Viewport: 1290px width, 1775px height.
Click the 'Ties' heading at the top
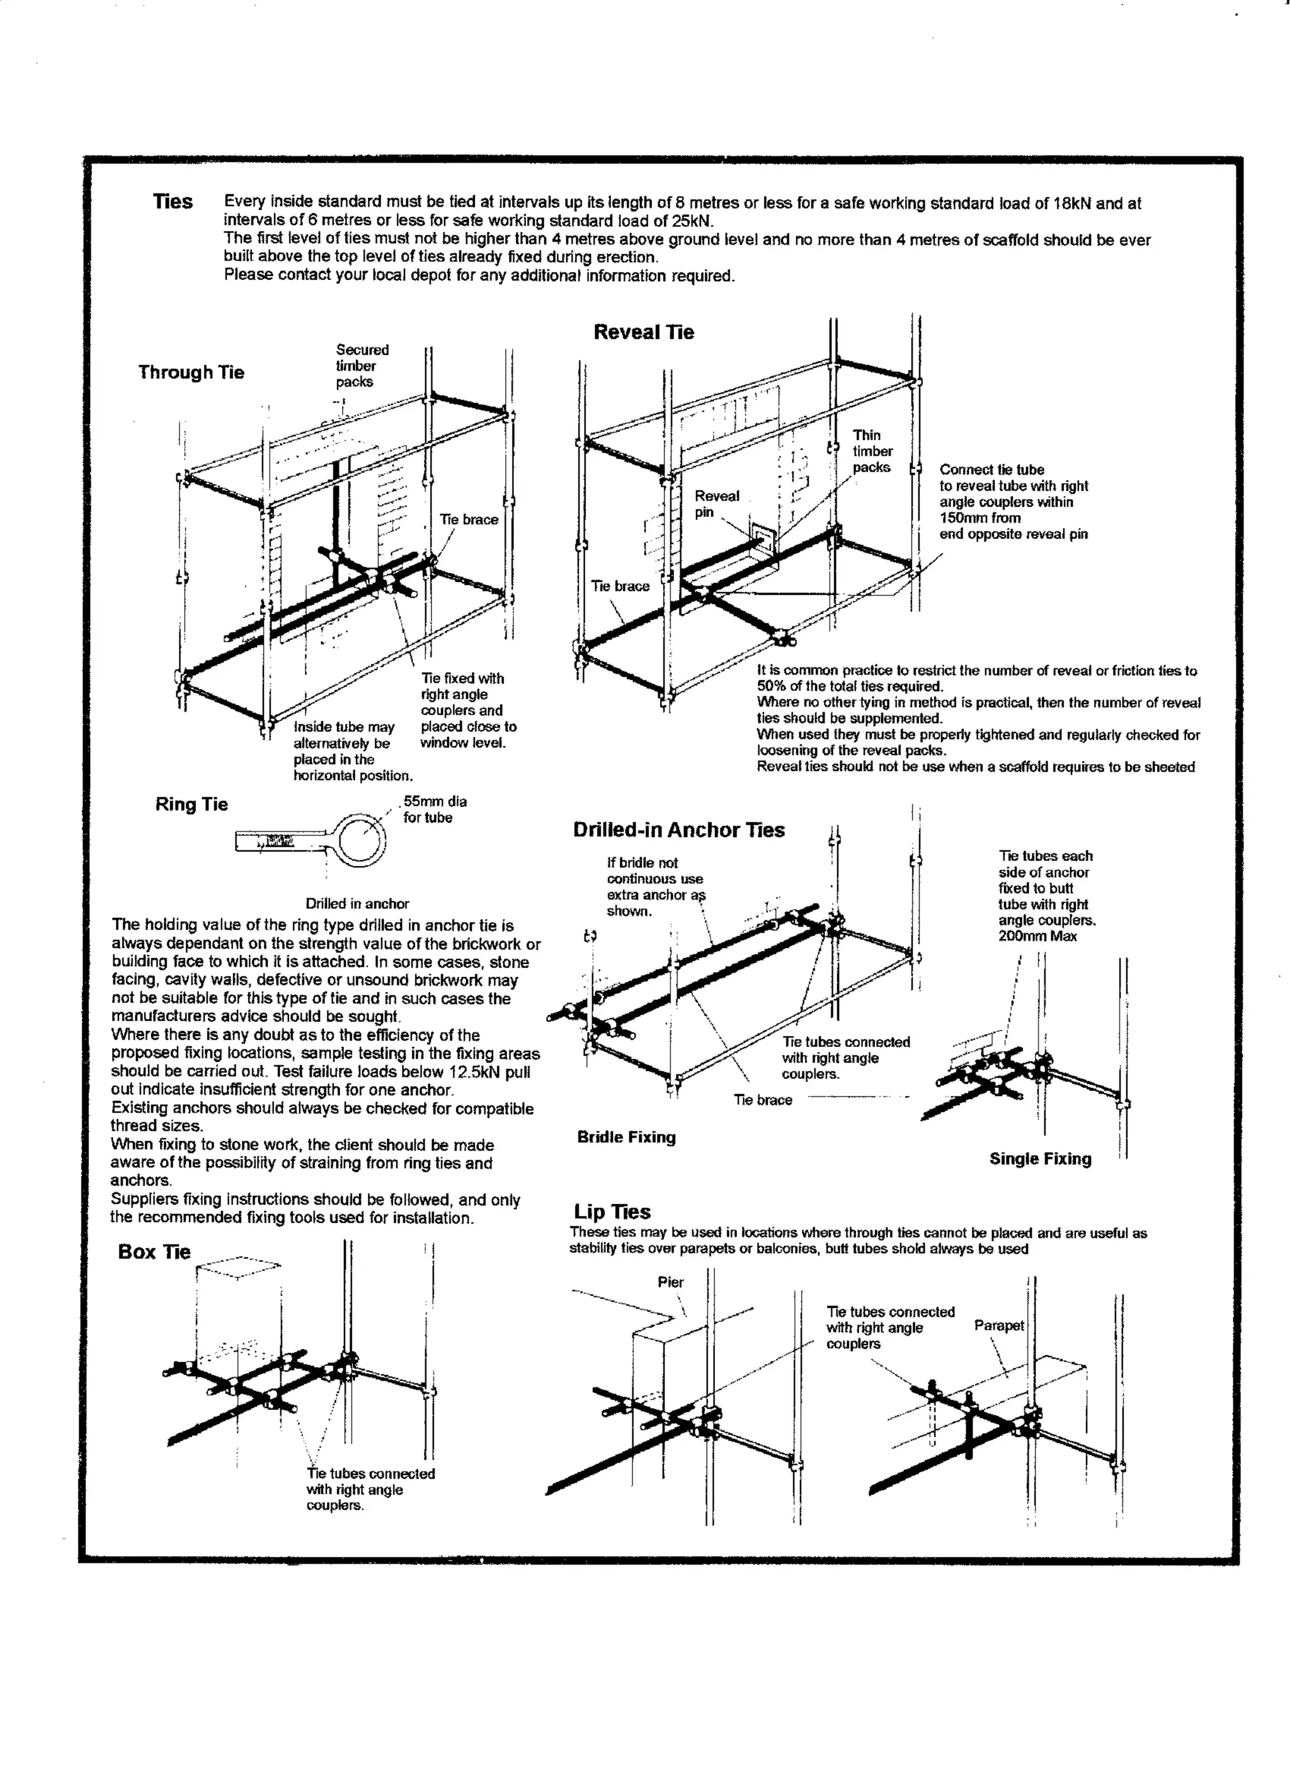click(x=173, y=202)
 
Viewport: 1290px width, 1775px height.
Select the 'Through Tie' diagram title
click(x=191, y=372)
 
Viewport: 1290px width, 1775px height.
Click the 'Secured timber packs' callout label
click(x=362, y=366)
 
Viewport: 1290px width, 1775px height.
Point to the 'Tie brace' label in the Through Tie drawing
click(x=469, y=519)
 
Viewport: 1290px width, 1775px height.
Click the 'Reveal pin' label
click(x=716, y=504)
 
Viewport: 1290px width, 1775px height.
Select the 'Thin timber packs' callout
click(x=872, y=451)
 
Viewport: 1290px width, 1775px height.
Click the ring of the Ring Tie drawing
click(x=361, y=839)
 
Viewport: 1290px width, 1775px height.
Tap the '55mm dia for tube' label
click(x=434, y=809)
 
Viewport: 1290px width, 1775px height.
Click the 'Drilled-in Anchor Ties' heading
click(x=678, y=830)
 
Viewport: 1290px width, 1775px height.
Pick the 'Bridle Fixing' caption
click(x=626, y=1137)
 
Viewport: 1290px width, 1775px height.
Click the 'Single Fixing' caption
click(x=1040, y=1159)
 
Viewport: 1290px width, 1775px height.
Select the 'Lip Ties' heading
click(x=612, y=1211)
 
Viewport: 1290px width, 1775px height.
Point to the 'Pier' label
click(x=670, y=1282)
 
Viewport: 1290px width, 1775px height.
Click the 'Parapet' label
click(x=998, y=1325)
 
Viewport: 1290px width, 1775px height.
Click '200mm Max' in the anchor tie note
click(x=1037, y=936)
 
